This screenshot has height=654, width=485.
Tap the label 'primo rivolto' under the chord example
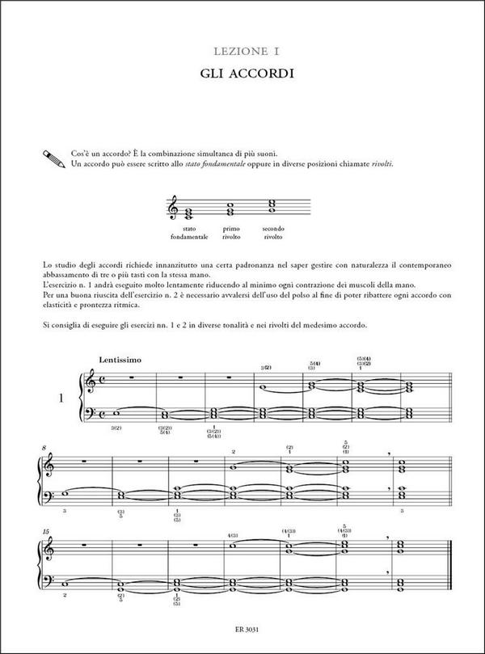[232, 233]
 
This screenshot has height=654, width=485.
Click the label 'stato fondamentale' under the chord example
[189, 233]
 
